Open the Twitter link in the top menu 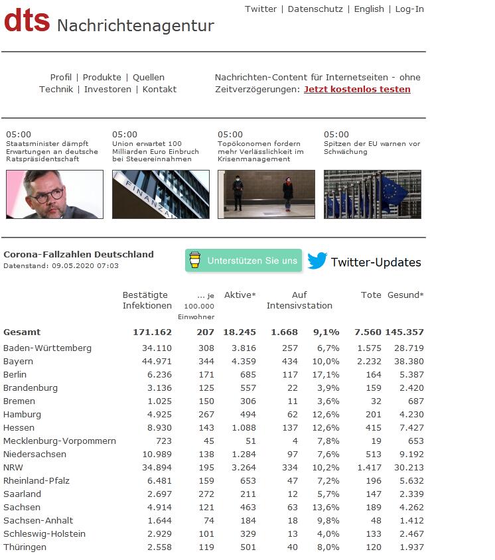(x=261, y=9)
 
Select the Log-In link (x=409, y=9)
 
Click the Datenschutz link (x=315, y=9)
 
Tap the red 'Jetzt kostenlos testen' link (x=357, y=90)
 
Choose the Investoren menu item (x=107, y=90)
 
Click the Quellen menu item (x=149, y=78)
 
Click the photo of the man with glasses (x=54, y=194)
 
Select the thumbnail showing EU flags (x=372, y=194)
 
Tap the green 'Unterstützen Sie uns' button (x=244, y=261)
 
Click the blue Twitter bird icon (x=317, y=261)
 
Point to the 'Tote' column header (x=371, y=295)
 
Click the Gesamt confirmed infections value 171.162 (x=152, y=332)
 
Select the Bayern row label (x=18, y=362)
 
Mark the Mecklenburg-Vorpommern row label (x=60, y=441)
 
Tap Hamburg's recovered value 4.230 (x=411, y=415)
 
